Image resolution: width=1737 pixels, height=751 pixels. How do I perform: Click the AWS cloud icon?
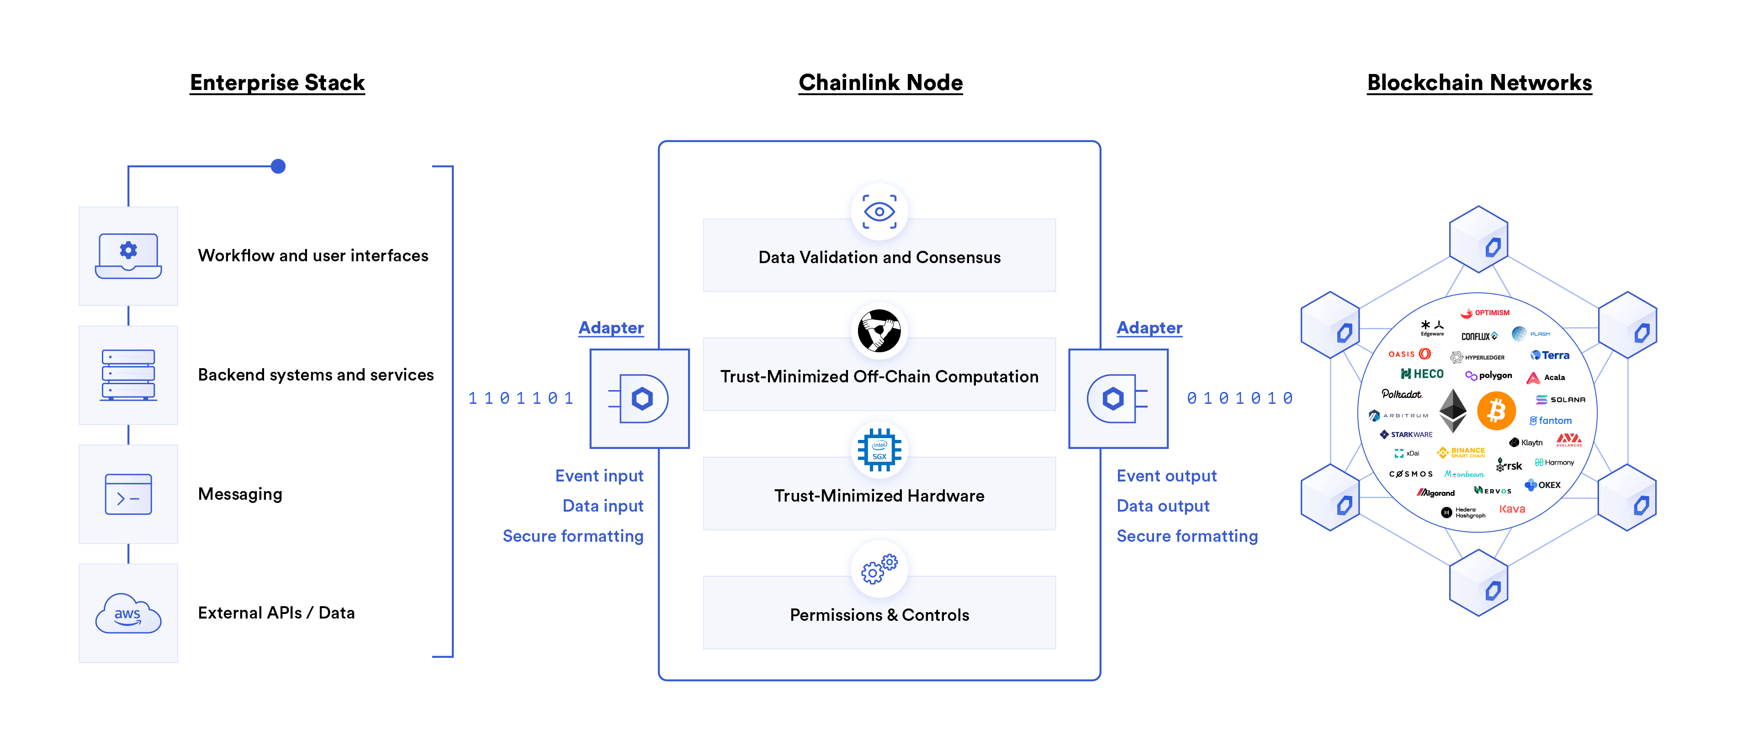tap(128, 613)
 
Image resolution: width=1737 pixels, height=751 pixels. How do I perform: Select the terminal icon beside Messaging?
tap(128, 494)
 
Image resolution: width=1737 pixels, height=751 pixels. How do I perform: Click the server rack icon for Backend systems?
tap(128, 375)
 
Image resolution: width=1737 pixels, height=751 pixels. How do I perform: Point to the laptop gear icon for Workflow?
tap(128, 255)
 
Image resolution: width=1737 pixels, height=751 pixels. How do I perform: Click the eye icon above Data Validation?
tap(879, 212)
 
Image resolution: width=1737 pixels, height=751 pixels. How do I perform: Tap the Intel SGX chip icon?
tap(879, 450)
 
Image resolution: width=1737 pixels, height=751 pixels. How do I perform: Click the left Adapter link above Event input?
tap(611, 328)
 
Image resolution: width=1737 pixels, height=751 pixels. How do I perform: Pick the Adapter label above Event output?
tap(1149, 328)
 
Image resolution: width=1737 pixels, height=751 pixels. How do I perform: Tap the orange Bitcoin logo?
tap(1496, 411)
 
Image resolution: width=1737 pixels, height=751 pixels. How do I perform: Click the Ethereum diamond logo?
tap(1453, 411)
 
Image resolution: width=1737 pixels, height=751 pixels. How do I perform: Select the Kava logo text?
tap(1512, 509)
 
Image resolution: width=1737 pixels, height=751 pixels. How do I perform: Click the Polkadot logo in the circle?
tap(1401, 394)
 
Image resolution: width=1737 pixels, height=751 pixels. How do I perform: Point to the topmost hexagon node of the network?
tap(1478, 239)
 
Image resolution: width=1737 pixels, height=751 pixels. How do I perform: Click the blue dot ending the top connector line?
tap(278, 166)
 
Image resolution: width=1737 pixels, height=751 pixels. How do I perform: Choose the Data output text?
tap(1163, 506)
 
